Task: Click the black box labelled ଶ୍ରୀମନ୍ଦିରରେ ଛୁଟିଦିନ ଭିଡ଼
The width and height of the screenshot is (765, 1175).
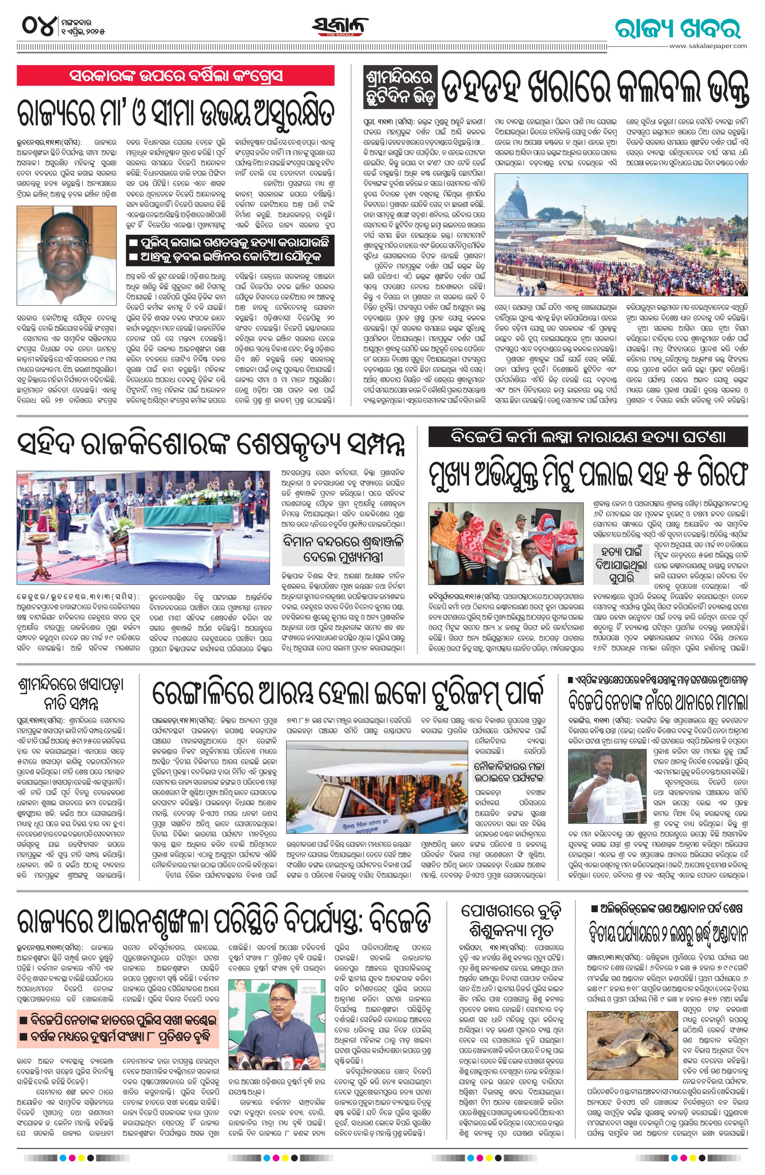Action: (x=401, y=85)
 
